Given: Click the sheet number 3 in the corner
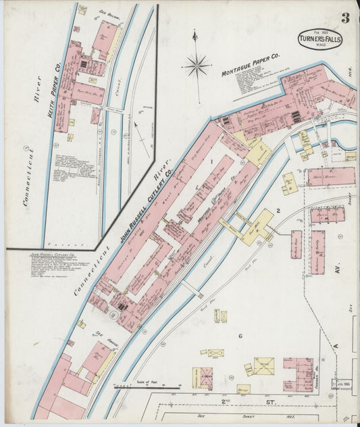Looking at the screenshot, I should [x=345, y=18].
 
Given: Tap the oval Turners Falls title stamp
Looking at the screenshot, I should [x=320, y=39].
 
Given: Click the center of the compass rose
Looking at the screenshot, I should [x=196, y=66].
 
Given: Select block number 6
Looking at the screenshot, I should [x=240, y=336].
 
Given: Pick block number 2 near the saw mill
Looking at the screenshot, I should [x=278, y=211].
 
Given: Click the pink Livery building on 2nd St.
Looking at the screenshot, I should [x=202, y=379].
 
